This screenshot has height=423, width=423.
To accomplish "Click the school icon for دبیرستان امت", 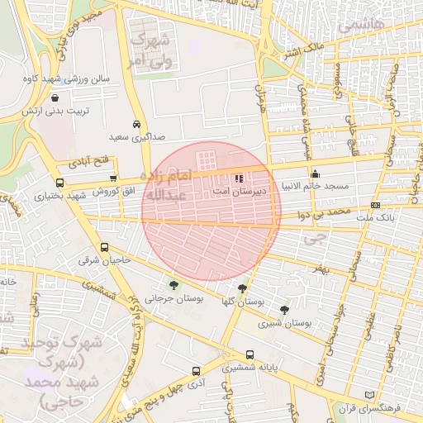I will click(239, 178).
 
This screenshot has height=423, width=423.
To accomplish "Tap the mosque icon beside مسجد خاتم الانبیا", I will click(315, 173).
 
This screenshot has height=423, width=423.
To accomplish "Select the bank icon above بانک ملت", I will click(376, 205).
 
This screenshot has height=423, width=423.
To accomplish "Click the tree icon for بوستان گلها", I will click(241, 288).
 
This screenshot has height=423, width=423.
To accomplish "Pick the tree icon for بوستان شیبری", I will click(285, 310).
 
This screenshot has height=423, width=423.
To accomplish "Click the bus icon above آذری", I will click(195, 372).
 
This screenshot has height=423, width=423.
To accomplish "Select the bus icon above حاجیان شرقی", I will click(104, 247).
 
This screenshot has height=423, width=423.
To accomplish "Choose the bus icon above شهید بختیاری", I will click(59, 183).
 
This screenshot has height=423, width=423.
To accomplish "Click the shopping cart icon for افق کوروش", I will click(114, 178).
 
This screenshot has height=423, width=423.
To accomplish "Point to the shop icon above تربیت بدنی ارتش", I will click(55, 97).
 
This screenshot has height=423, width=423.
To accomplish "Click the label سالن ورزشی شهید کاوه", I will click(67, 79).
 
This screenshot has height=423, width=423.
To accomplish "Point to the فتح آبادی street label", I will click(88, 159).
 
